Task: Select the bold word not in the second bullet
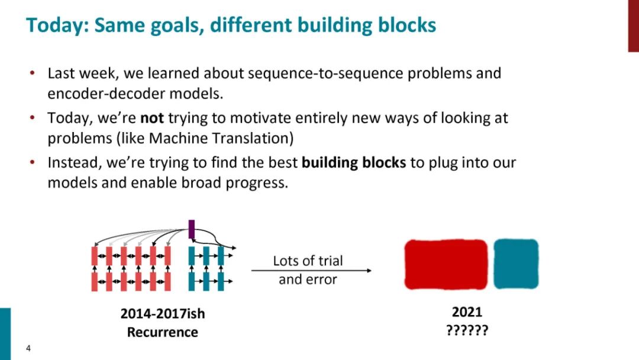pos(152,118)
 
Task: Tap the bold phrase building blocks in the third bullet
pos(354,162)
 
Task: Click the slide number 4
pos(28,348)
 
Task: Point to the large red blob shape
pos(446,264)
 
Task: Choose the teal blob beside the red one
pos(516,264)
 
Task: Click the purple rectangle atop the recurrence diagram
pos(191,229)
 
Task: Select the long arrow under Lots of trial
pos(311,271)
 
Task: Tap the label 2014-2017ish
pos(163,313)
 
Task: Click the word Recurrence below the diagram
pos(163,332)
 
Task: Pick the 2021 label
pos(467,311)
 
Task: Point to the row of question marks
pos(467,330)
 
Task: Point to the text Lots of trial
pos(308,261)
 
